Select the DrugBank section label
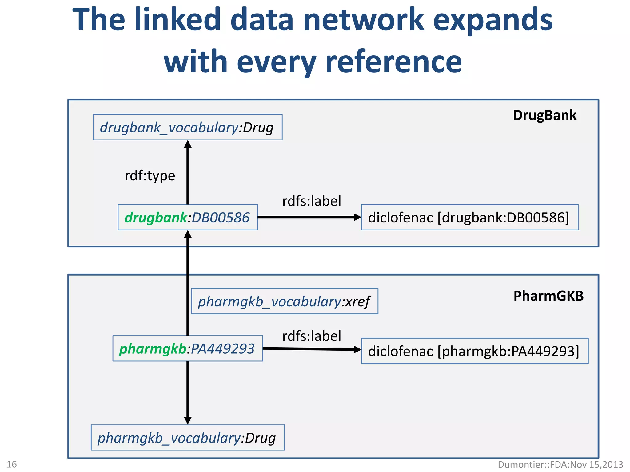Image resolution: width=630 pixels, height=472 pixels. (544, 116)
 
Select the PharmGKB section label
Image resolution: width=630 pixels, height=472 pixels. (548, 296)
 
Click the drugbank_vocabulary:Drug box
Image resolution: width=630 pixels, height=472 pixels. (187, 128)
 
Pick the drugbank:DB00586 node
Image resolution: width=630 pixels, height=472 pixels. (187, 218)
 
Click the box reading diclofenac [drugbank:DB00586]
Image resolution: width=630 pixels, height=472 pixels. (469, 218)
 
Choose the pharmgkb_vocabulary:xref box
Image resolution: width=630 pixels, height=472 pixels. (284, 301)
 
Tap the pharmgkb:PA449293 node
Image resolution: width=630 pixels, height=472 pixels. (187, 349)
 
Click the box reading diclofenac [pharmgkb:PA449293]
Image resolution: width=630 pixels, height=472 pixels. (474, 351)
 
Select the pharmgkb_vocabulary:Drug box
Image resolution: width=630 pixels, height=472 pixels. (187, 438)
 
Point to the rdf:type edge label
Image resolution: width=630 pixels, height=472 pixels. (150, 176)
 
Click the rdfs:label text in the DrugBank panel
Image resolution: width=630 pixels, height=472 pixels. (311, 201)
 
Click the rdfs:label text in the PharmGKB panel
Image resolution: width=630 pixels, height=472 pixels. (311, 336)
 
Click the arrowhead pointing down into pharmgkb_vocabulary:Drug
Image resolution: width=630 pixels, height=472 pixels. (188, 420)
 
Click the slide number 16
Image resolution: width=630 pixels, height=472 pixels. (12, 464)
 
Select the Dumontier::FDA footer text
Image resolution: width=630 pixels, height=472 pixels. (560, 464)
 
